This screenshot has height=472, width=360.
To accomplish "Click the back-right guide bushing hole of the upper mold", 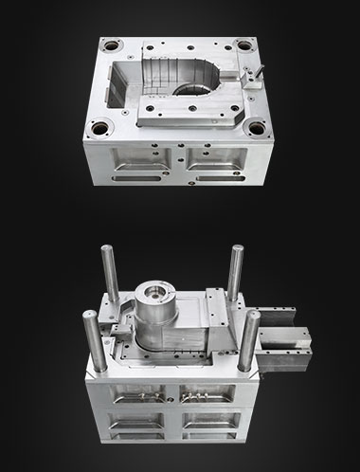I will click(245, 45).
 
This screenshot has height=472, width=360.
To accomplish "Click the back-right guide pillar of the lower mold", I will click(236, 274).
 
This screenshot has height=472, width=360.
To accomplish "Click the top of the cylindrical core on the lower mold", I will click(155, 291).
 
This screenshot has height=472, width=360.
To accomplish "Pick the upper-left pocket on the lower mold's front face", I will click(132, 401).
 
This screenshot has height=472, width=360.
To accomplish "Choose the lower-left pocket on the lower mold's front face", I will click(132, 436).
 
